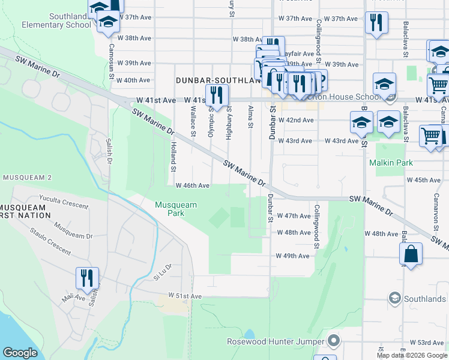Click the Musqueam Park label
click(175, 209)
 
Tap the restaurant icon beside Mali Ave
click(87, 278)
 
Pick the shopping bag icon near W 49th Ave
click(412, 254)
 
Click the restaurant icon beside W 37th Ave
click(376, 23)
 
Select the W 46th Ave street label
click(192, 186)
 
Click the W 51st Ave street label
click(185, 296)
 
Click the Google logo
click(20, 353)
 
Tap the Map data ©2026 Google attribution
click(411, 355)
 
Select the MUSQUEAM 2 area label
click(27, 178)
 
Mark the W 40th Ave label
click(133, 80)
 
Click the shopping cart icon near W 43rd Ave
click(431, 137)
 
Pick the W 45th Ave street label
click(424, 180)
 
